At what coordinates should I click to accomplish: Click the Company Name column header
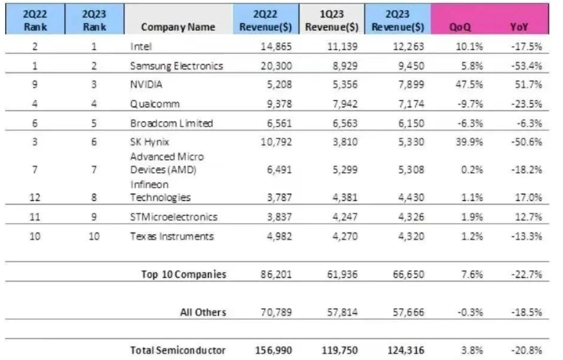178,27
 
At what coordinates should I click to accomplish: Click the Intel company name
141,46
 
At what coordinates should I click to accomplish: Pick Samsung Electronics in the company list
176,66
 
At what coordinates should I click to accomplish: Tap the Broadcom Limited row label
171,122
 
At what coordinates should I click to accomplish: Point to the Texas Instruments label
172,236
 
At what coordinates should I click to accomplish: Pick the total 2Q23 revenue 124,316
403,350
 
